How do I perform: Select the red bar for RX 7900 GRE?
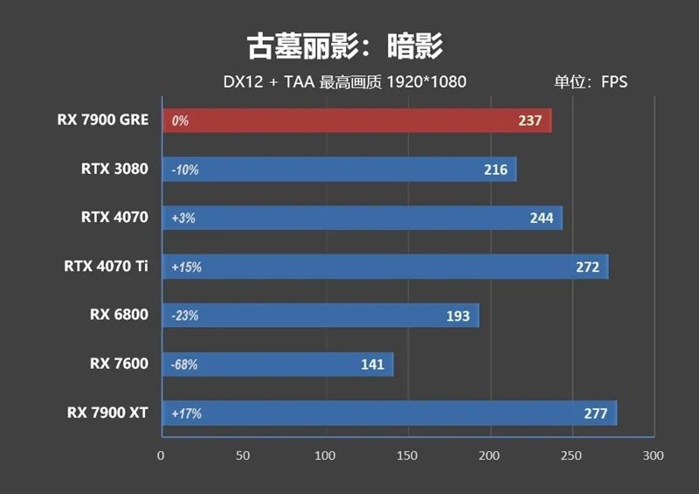356,121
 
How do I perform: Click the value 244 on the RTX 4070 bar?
542,218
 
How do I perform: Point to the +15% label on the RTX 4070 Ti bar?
187,267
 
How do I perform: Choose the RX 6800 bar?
320,316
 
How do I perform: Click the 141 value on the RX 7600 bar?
372,365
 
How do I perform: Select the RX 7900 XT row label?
107,413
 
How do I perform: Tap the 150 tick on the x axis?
407,456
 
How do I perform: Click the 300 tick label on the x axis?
654,456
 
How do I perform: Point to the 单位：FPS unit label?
591,83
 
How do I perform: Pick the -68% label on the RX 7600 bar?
185,365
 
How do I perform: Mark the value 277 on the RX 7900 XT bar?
595,414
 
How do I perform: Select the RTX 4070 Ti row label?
106,266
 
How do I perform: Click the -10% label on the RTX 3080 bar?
185,170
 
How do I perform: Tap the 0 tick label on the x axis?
161,456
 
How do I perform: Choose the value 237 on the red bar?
530,121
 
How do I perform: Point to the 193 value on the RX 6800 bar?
458,316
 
